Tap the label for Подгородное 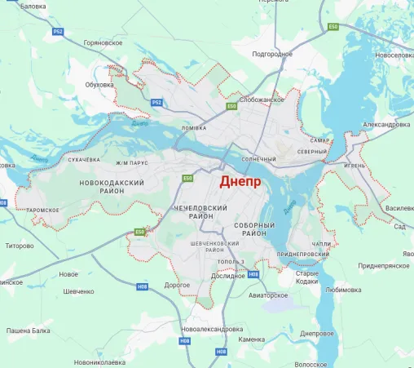pyautogui.click(x=272, y=54)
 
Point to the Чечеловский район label pyautogui.click(x=200, y=213)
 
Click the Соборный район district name pyautogui.click(x=261, y=228)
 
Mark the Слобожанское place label pyautogui.click(x=261, y=100)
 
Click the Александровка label pyautogui.click(x=385, y=124)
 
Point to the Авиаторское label pyautogui.click(x=269, y=295)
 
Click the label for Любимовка pyautogui.click(x=342, y=289)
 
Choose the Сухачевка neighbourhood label pyautogui.click(x=83, y=160)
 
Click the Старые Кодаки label pyautogui.click(x=306, y=277)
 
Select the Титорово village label pyautogui.click(x=20, y=246)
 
